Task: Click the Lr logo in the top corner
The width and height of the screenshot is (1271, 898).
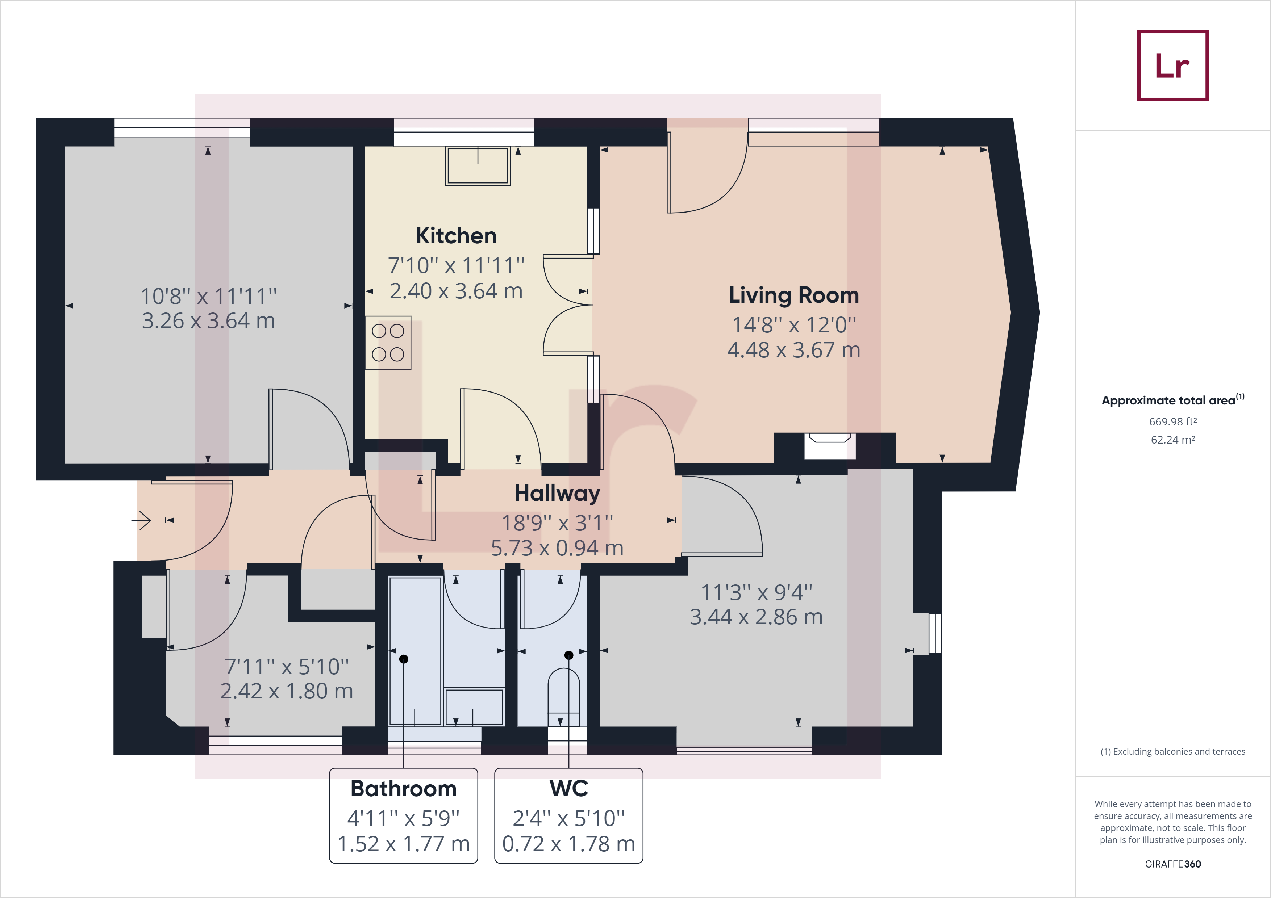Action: [x=1172, y=65]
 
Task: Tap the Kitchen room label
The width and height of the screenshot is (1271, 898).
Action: [x=456, y=236]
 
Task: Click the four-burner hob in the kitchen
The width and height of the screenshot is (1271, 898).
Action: [x=388, y=343]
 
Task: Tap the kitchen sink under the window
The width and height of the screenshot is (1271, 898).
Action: [x=478, y=166]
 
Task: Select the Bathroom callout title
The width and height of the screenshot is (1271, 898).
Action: [x=404, y=788]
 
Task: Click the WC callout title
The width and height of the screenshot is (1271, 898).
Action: [x=568, y=788]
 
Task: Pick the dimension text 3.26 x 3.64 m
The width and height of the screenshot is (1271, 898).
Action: [x=208, y=321]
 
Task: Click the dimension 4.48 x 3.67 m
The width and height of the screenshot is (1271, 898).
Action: [x=794, y=350]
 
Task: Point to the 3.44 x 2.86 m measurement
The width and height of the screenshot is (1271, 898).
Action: [x=756, y=617]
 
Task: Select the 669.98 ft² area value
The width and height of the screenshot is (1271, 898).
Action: [x=1172, y=421]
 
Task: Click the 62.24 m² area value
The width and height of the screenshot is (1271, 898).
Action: [x=1172, y=440]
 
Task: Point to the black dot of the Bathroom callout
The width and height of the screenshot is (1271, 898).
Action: [x=404, y=659]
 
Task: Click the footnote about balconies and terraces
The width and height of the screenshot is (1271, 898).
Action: [x=1172, y=751]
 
